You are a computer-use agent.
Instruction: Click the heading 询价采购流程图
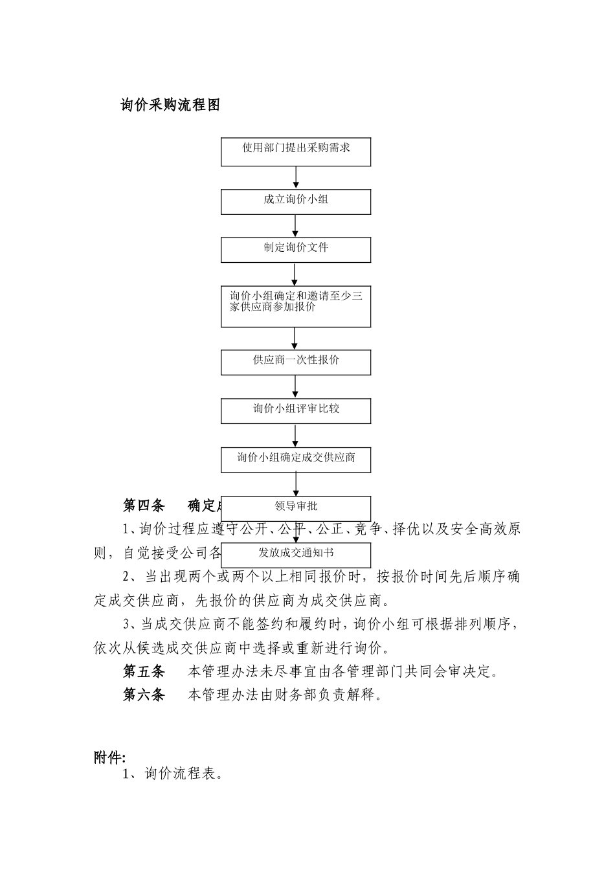click(x=171, y=105)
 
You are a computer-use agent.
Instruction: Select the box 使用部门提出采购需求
click(x=296, y=151)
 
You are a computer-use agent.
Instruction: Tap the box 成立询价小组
click(x=296, y=201)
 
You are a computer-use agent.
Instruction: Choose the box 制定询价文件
click(x=296, y=249)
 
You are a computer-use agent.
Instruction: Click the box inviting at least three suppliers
click(x=296, y=306)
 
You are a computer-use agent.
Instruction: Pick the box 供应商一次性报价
click(x=296, y=362)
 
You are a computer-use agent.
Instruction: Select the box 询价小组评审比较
click(x=296, y=410)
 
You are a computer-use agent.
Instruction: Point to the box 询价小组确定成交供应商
click(x=296, y=460)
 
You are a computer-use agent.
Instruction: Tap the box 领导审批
click(x=296, y=508)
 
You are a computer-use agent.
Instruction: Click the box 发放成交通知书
click(x=296, y=555)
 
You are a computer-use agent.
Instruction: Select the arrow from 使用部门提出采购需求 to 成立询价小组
click(x=296, y=177)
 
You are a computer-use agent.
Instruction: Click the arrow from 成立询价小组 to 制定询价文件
click(x=296, y=226)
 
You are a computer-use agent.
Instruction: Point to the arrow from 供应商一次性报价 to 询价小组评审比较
click(x=296, y=386)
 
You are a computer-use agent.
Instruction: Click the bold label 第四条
click(x=144, y=506)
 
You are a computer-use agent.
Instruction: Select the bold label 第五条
click(x=144, y=672)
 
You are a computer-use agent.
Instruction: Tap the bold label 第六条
click(x=144, y=695)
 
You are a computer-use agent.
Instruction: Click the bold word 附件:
click(x=109, y=757)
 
